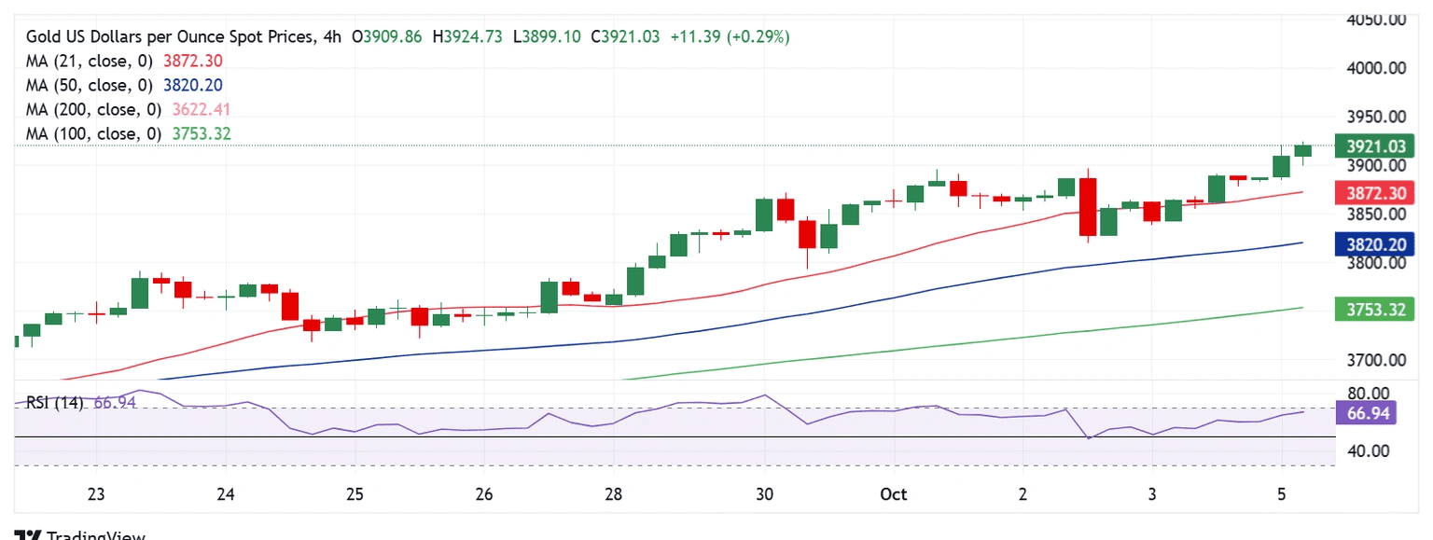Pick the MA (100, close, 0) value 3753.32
pos(202,134)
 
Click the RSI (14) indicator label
pos(54,403)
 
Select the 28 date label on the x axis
pos(613,494)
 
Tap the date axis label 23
pos(96,494)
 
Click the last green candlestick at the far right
pos(1303,151)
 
